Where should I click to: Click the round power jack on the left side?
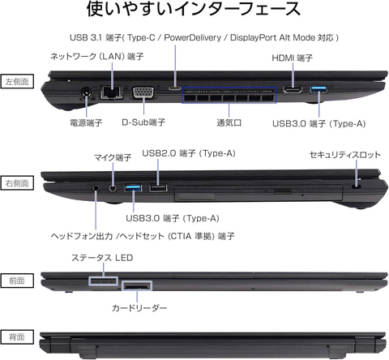coord(87,93)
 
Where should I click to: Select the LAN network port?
coord(111,92)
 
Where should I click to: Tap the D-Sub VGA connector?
coord(143,92)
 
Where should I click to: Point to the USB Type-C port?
coord(175,88)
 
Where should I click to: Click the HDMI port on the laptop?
coord(293,89)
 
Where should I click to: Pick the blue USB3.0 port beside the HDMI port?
coord(319,88)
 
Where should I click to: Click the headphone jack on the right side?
coord(95,187)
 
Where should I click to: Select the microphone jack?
coord(113,187)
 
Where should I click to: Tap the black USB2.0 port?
coord(158,187)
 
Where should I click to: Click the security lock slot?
coord(357,187)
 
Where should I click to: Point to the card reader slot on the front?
coord(137,286)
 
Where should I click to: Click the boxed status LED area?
coord(104,281)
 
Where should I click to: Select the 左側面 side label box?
coord(17,81)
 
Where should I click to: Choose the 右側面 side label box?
coord(17,183)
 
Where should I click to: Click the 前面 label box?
coord(17,281)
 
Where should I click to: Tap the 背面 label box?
coord(17,337)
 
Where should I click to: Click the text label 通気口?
coord(229,123)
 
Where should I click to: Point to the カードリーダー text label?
coord(139,308)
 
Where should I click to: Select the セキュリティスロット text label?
coord(345,155)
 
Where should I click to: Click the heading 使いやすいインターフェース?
coord(194,9)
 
